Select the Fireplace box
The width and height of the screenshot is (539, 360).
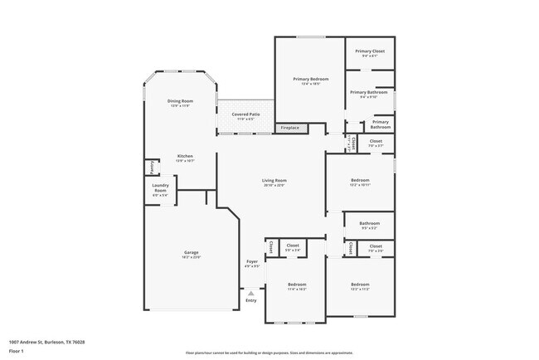click(289, 128)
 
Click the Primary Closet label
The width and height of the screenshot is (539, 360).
click(369, 53)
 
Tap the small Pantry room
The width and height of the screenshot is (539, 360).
click(152, 168)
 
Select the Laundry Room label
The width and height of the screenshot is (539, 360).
click(161, 191)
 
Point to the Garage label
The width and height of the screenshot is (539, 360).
click(191, 254)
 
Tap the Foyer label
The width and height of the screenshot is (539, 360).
click(252, 263)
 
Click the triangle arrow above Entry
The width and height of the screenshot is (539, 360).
click(251, 292)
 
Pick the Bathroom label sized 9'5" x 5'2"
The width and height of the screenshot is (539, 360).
click(369, 224)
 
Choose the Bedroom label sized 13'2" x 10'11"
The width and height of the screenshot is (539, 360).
click(360, 182)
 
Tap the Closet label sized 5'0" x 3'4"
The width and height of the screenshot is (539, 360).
click(293, 246)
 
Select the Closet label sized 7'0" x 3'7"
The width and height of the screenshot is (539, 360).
click(376, 143)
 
